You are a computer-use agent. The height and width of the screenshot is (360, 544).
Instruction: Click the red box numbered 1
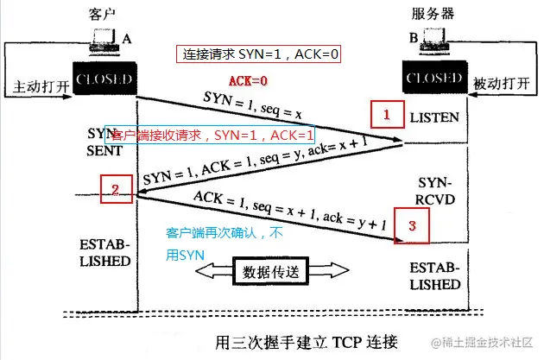tap(387, 113)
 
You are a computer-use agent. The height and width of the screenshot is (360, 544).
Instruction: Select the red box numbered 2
tap(116, 188)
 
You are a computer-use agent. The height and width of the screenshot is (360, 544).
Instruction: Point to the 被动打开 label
tap(501, 86)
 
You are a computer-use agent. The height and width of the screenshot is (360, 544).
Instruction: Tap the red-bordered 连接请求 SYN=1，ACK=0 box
tap(262, 54)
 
